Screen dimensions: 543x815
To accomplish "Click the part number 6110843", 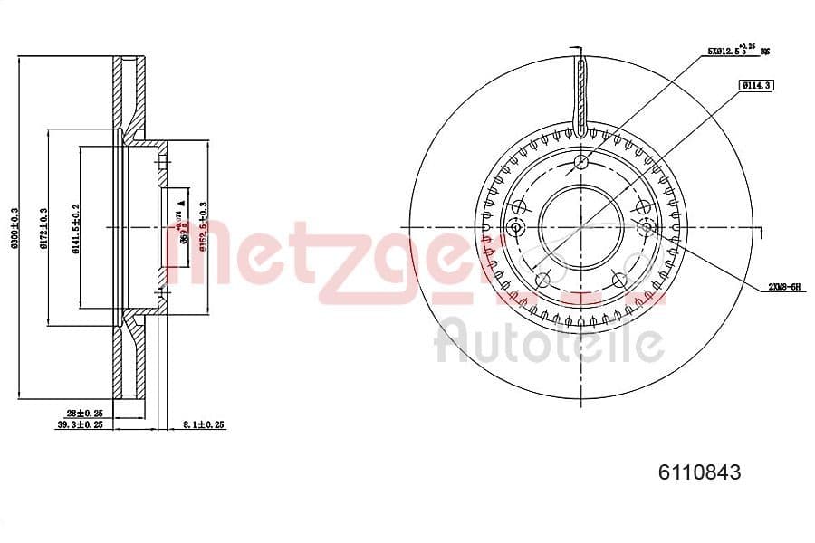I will pyautogui.click(x=699, y=472).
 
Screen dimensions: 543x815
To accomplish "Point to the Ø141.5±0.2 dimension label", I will pyautogui.click(x=76, y=228).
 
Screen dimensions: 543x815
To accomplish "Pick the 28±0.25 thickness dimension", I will pyautogui.click(x=84, y=413).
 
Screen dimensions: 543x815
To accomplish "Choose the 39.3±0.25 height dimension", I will pyautogui.click(x=80, y=424).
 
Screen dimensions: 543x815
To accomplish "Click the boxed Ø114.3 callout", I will pyautogui.click(x=754, y=85).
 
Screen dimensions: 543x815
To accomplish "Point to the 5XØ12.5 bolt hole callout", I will pyautogui.click(x=737, y=52).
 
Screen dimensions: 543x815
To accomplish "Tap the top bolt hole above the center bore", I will pyautogui.click(x=580, y=163).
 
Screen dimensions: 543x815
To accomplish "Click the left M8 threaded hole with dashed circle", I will pyautogui.click(x=517, y=226).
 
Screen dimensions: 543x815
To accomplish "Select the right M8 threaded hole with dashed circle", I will pyautogui.click(x=646, y=226).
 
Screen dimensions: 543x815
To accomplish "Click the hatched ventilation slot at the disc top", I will pyautogui.click(x=580, y=90).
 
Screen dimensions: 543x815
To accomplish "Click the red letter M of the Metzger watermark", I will pyautogui.click(x=195, y=258).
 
